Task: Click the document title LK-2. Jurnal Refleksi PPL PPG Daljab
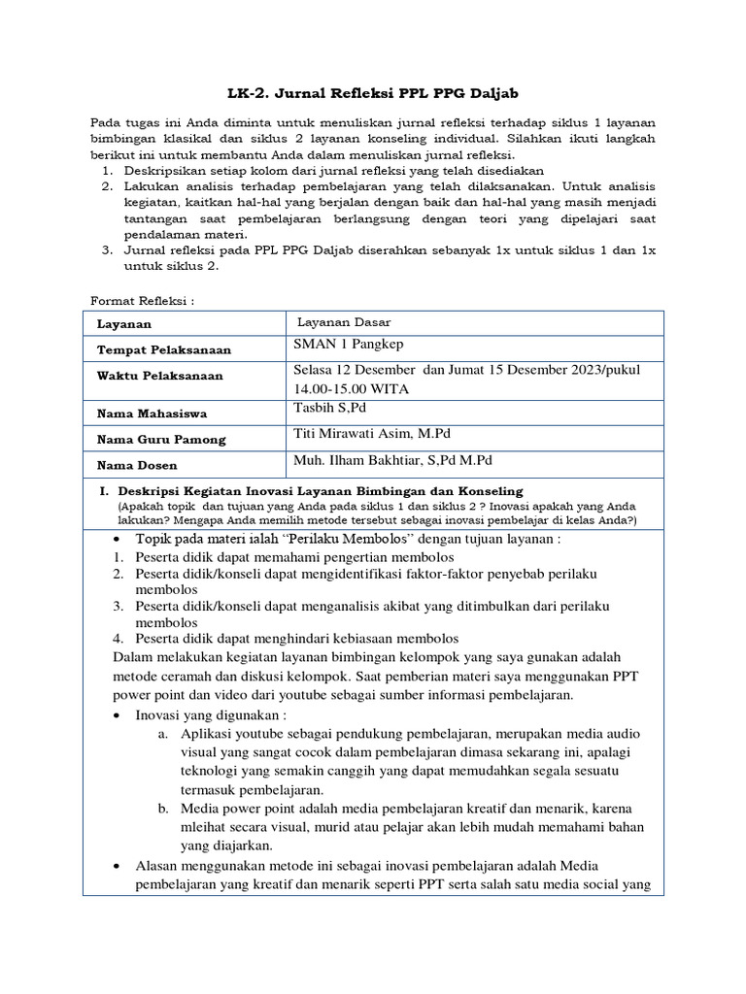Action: [373, 92]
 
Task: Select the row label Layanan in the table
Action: [124, 324]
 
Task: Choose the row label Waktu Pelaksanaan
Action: [159, 376]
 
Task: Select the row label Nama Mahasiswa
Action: [151, 414]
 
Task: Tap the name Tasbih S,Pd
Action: [328, 408]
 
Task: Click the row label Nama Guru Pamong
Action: [161, 439]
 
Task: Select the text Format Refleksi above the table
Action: [142, 300]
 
